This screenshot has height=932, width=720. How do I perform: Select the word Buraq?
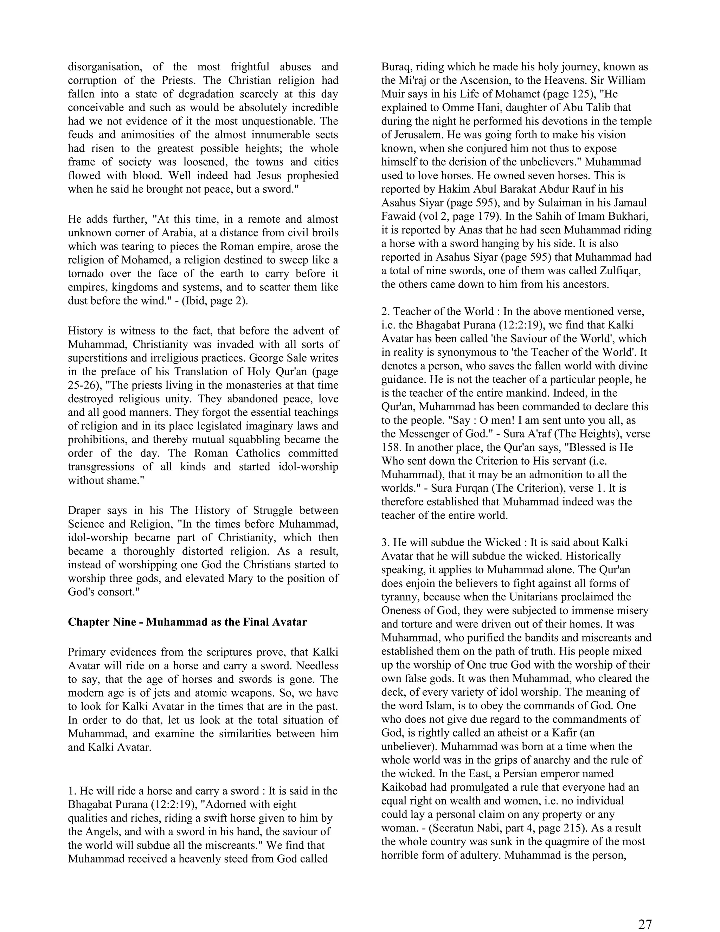[396, 66]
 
